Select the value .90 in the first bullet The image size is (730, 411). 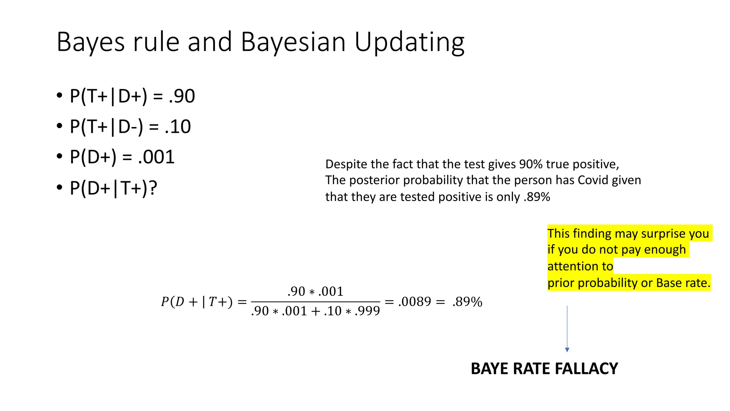tap(182, 96)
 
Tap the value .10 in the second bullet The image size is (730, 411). tap(178, 127)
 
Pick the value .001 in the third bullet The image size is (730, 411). tap(156, 157)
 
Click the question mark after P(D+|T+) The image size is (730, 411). tap(153, 188)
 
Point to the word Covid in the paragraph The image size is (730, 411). tap(593, 180)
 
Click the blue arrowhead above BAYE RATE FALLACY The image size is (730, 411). tap(567, 350)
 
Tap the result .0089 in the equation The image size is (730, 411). tap(415, 302)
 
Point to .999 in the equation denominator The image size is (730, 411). tap(367, 311)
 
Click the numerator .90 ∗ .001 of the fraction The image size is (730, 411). tap(315, 291)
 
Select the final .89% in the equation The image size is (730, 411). tap(467, 302)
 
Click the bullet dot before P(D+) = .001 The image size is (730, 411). tap(60, 157)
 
